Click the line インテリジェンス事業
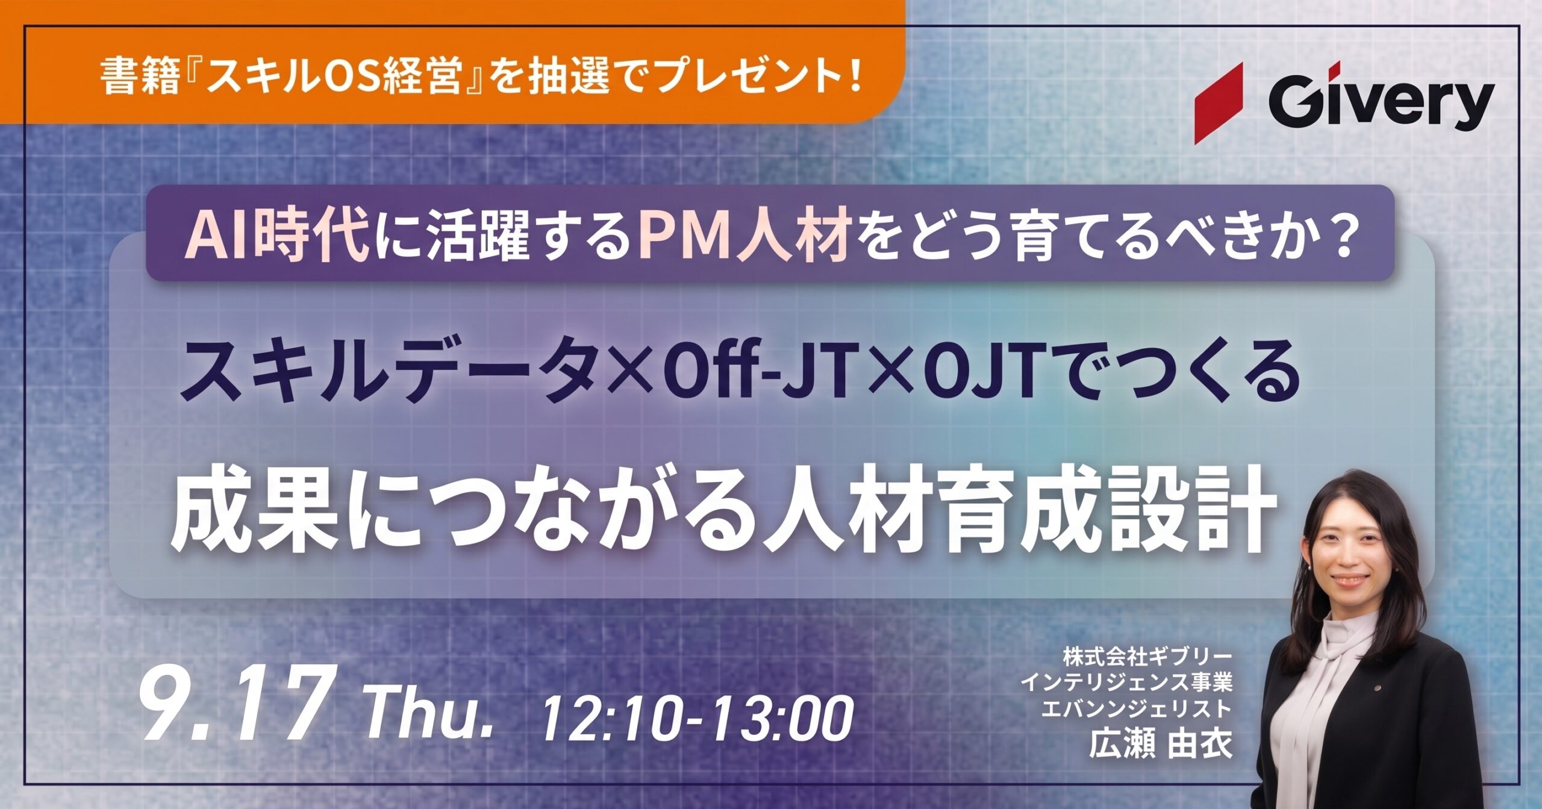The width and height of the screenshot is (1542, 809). pos(1126,683)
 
